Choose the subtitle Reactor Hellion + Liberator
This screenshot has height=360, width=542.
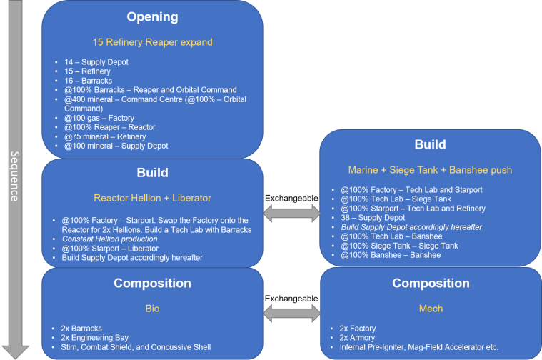pyautogui.click(x=152, y=197)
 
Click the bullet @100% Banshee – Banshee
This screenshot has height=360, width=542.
pyautogui.click(x=390, y=254)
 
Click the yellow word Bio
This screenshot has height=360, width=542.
pyautogui.click(x=152, y=309)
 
